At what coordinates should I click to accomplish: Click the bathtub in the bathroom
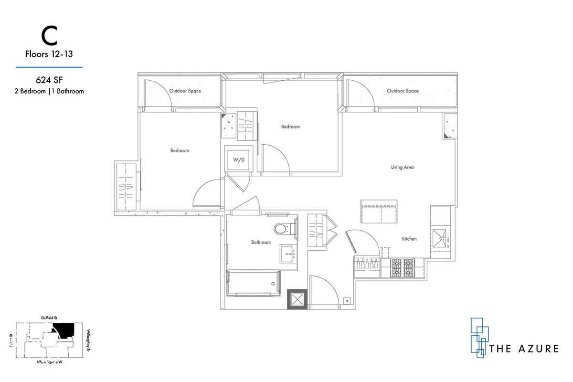pyautogui.click(x=252, y=284)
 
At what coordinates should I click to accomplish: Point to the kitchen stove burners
pyautogui.click(x=403, y=268)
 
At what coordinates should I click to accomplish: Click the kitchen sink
pyautogui.click(x=440, y=237)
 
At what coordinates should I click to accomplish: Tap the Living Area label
pyautogui.click(x=402, y=167)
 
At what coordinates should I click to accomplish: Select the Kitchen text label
pyautogui.click(x=409, y=239)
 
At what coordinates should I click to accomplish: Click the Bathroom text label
pyautogui.click(x=261, y=242)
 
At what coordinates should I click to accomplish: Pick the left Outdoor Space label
pyautogui.click(x=185, y=91)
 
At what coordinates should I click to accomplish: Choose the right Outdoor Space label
pyautogui.click(x=403, y=91)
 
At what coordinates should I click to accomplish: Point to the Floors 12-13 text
pyautogui.click(x=49, y=54)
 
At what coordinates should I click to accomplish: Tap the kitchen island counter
pyautogui.click(x=379, y=211)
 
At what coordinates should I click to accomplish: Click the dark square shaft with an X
pyautogui.click(x=297, y=300)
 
